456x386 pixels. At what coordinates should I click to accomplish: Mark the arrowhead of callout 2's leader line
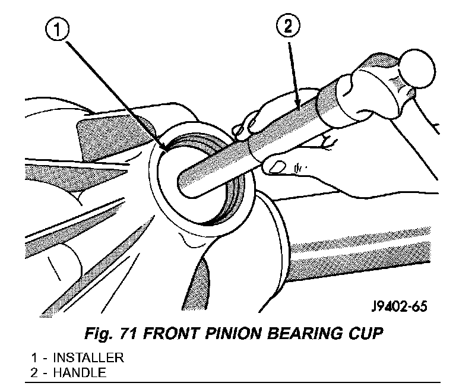coord(297,105)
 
